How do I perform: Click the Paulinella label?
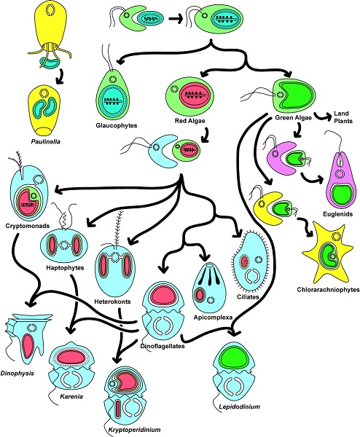[x=45, y=141]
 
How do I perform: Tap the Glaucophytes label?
[x=117, y=125]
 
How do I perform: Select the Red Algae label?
[x=189, y=121]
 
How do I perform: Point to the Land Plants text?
[x=343, y=117]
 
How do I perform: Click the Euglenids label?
[x=337, y=214]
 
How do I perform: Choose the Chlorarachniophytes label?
[x=328, y=290]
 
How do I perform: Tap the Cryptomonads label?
[x=27, y=226]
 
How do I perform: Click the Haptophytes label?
[x=65, y=268]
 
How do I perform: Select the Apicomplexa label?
[x=213, y=317]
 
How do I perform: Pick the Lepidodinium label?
[x=239, y=406]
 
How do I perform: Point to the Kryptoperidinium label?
[x=134, y=430]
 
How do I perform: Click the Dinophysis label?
[x=17, y=373]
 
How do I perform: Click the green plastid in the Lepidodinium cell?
[x=234, y=358]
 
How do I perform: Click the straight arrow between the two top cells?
[x=176, y=19]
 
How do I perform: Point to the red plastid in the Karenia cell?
[x=71, y=358]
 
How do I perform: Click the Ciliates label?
[x=248, y=297]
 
